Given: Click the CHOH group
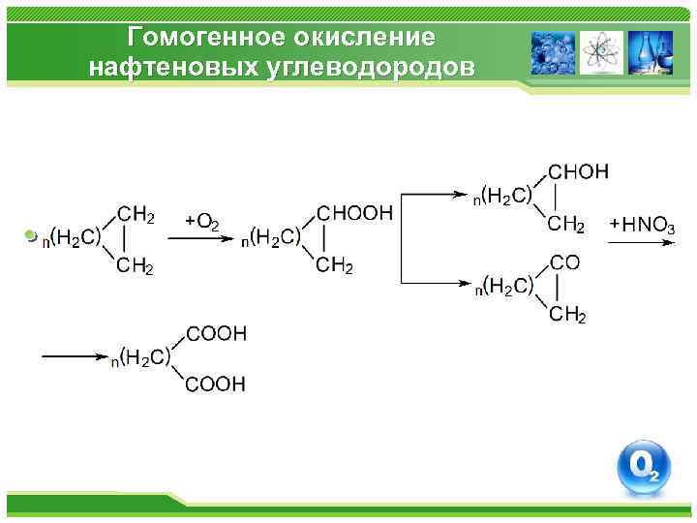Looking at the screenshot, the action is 579,171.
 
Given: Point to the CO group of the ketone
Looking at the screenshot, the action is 564,261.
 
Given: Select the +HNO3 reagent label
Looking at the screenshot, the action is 643,226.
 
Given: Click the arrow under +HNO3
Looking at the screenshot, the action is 639,242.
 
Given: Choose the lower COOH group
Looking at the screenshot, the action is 215,385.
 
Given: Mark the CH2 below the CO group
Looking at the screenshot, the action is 567,315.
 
